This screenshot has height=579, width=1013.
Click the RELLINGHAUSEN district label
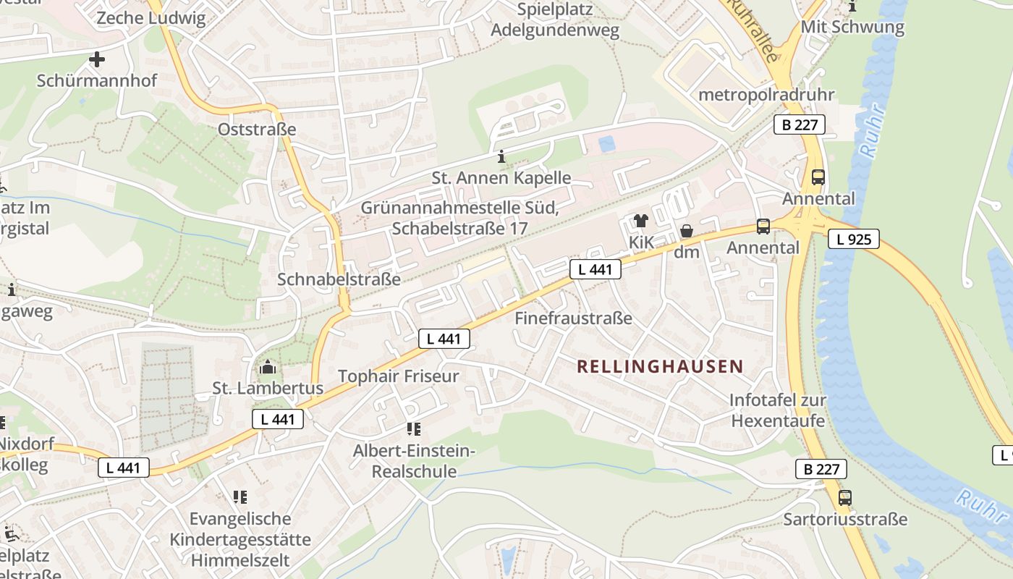660,366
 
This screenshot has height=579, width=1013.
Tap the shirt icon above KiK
640,221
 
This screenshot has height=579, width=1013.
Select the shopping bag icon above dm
686,231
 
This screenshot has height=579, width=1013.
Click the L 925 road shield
854,239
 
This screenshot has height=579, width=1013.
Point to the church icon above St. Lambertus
268,368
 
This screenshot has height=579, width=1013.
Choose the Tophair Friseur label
399,376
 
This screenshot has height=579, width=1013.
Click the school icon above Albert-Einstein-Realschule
413,429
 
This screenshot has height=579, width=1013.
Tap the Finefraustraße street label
573,318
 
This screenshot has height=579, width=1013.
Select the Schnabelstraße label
339,279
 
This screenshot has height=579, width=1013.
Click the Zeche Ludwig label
151,19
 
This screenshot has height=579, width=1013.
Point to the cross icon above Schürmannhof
96,59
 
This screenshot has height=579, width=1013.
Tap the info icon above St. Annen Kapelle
501,156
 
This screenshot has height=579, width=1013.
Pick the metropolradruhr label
766,95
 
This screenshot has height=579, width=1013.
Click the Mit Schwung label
852,28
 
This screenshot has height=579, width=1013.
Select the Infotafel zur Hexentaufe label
778,410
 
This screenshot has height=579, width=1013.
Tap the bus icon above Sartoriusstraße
845,498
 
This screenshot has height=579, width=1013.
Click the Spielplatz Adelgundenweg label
555,20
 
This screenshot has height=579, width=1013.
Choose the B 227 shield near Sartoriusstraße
821,469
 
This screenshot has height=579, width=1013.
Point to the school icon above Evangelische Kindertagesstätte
240,497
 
